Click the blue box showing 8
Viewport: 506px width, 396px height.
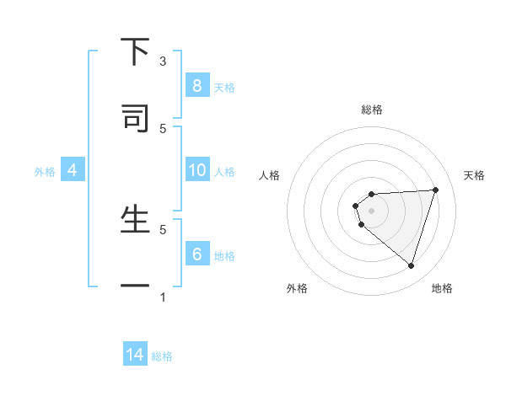coord(196,85)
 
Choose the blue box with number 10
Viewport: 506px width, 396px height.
coord(196,170)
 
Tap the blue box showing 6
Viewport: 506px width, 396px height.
coord(196,254)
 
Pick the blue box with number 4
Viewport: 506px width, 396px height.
coord(72,170)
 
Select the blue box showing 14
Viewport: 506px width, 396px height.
coord(135,355)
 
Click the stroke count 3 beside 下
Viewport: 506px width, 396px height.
coord(163,62)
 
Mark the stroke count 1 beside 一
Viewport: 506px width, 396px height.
coord(163,297)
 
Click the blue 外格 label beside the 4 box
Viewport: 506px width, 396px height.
coord(45,171)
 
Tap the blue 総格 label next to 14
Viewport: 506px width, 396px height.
coord(162,356)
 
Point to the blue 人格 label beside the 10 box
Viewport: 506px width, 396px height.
coord(224,171)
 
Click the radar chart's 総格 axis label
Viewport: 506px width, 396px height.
coord(372,110)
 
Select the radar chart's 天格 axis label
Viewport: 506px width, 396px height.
coord(474,175)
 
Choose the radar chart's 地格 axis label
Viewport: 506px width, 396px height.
coord(442,288)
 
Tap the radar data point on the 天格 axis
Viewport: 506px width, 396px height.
coord(435,190)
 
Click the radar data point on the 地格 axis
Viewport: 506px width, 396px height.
coord(411,265)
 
